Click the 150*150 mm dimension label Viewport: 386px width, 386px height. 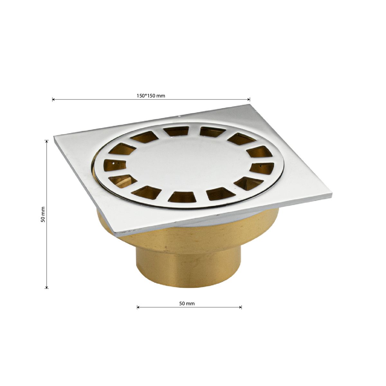click(x=151, y=96)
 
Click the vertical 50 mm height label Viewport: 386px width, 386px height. click(x=43, y=215)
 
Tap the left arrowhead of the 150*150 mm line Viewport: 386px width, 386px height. click(x=53, y=99)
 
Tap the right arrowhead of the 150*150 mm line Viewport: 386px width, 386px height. click(x=249, y=99)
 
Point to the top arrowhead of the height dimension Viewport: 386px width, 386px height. click(x=47, y=141)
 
